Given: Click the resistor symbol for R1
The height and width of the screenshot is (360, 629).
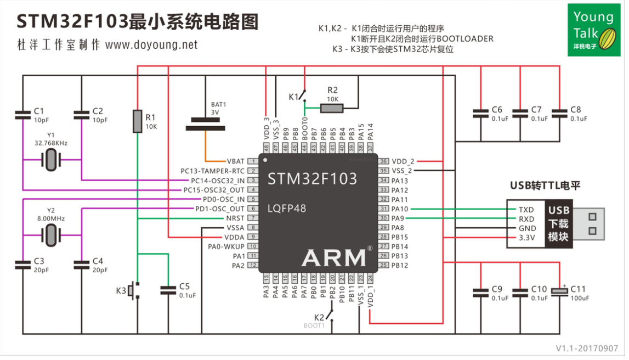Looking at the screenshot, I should click(x=137, y=121).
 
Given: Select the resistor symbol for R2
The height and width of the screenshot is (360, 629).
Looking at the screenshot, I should click(x=332, y=108).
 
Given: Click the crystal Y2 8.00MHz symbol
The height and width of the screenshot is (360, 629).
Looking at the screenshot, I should click(x=50, y=235).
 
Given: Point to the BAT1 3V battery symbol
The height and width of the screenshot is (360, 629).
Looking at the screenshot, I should click(x=206, y=124).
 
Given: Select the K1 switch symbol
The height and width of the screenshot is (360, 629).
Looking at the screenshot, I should click(x=303, y=97).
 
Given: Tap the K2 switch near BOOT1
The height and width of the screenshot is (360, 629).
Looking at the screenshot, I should click(x=330, y=315).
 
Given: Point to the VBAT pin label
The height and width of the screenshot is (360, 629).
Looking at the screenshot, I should click(x=235, y=161).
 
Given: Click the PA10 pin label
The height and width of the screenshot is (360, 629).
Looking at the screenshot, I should click(x=400, y=209).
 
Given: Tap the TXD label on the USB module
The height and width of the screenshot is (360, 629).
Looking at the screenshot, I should click(x=526, y=210).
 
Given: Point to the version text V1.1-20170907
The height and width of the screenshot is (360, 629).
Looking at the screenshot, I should click(x=586, y=348).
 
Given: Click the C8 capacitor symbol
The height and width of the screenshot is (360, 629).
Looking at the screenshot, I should click(x=560, y=113).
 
